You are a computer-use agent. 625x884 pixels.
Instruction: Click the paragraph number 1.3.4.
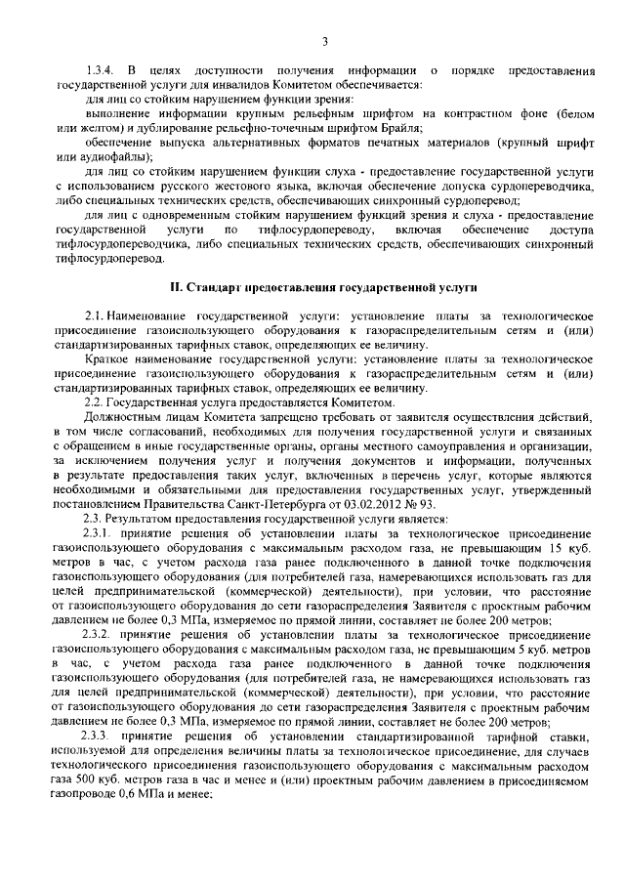tap(102, 73)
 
